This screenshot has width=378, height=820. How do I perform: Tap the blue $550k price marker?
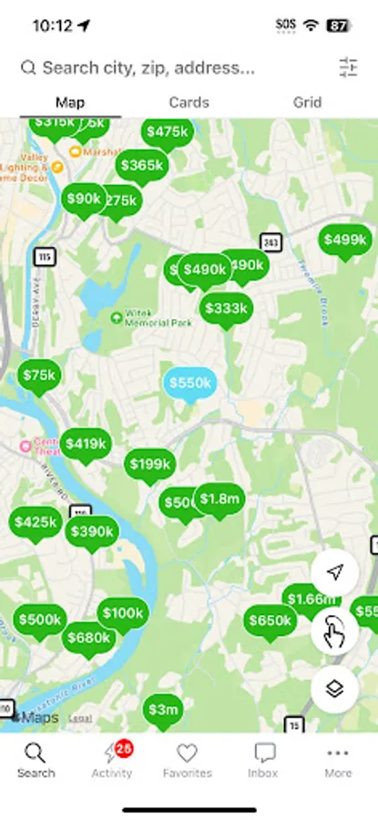point(189,383)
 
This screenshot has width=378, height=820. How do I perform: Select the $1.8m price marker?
point(220,498)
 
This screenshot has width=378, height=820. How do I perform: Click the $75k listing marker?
point(39,374)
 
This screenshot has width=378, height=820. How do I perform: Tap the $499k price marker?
point(345,240)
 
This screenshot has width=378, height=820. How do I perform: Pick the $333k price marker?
point(226,308)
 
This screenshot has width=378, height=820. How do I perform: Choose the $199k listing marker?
point(149,464)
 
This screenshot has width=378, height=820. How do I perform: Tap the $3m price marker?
point(163,709)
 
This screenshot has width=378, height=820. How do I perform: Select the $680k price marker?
point(88,638)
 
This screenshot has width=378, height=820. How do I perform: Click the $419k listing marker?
point(87,444)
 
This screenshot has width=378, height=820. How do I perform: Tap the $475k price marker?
point(168,131)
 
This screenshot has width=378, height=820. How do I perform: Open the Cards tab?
point(189,102)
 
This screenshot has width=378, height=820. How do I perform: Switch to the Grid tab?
point(307,102)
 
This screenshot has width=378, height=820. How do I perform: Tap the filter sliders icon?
point(348,67)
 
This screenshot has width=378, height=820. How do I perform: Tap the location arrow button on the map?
point(335,571)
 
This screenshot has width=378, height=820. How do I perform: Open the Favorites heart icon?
point(187,760)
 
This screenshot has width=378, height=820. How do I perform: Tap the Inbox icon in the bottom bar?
point(263,760)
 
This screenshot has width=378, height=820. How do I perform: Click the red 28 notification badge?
point(124,747)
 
